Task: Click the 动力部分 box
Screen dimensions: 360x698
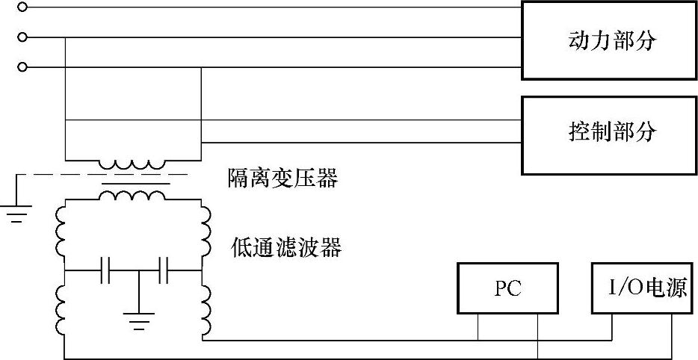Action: pos(609,40)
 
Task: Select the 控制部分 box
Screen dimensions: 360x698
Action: pos(609,134)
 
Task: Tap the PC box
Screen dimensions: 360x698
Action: pos(507,288)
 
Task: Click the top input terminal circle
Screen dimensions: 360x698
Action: pos(22,7)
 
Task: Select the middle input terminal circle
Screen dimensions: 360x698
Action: pos(22,37)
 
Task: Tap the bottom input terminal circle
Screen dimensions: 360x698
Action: pos(22,67)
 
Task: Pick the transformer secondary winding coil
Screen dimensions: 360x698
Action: pos(133,195)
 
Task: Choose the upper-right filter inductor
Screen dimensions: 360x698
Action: pos(206,232)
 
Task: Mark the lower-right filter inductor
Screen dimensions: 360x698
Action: pos(206,308)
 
